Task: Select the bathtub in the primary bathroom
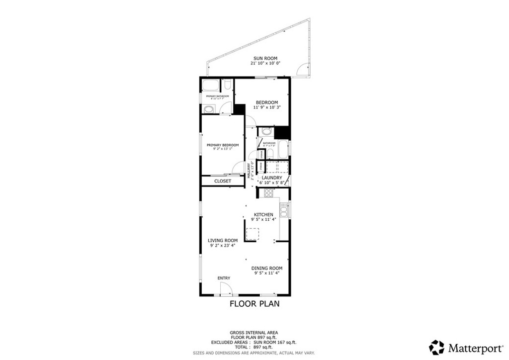[x=211, y=84]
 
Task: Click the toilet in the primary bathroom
[x=227, y=84]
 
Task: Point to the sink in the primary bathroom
[x=209, y=109]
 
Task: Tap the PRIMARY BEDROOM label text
[x=223, y=145]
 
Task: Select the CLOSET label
[x=222, y=181]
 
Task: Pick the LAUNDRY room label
[x=272, y=178]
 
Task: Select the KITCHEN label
[x=263, y=214]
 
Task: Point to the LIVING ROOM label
[x=222, y=240]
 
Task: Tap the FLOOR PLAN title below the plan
[x=254, y=304]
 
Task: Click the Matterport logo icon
[x=437, y=347]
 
